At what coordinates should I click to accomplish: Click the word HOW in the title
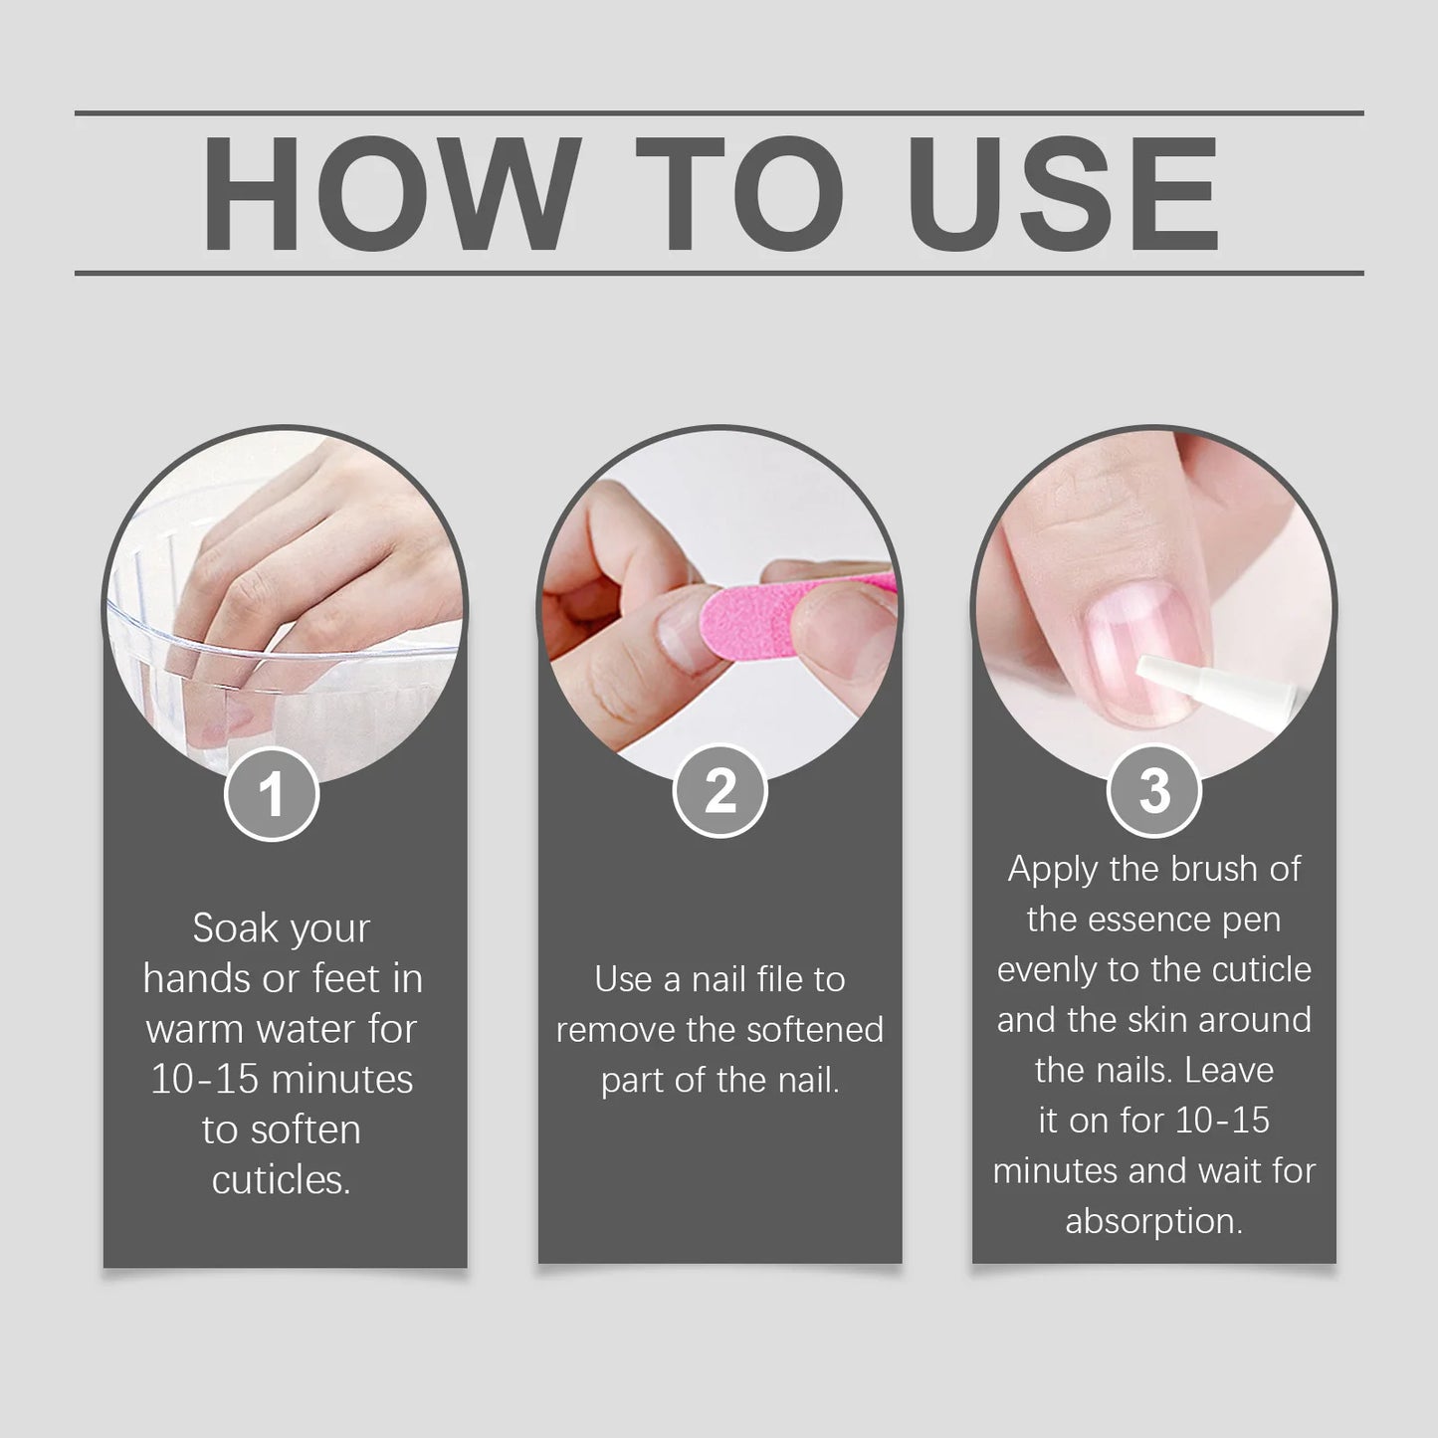pyautogui.click(x=391, y=194)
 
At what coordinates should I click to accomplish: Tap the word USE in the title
pyautogui.click(x=1063, y=194)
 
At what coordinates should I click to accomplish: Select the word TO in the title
pyautogui.click(x=738, y=194)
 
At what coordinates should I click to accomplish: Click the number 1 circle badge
pyautogui.click(x=272, y=794)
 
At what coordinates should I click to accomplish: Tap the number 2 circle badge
pyautogui.click(x=719, y=791)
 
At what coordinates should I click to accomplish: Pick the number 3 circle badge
pyautogui.click(x=1154, y=791)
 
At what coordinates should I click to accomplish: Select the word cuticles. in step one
pyautogui.click(x=282, y=1180)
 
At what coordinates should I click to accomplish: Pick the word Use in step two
pyautogui.click(x=623, y=979)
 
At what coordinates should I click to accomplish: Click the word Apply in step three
pyautogui.click(x=1053, y=869)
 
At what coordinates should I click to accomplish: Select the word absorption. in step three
pyautogui.click(x=1154, y=1221)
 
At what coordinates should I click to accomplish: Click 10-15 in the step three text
pyautogui.click(x=1222, y=1121)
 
